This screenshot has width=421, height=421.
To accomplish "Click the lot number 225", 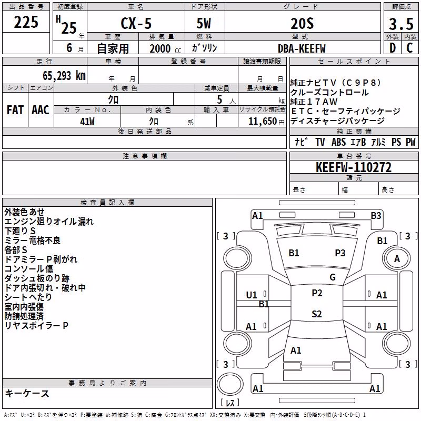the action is point(26,22).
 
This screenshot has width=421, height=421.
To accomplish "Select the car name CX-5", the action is point(136,23).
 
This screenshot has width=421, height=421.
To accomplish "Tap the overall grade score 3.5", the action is point(401,24).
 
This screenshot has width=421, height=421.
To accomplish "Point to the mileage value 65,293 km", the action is point(64,76).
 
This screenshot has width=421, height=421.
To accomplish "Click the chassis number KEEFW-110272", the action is point(354,167).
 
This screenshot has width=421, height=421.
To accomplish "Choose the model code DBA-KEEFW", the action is point(302,48).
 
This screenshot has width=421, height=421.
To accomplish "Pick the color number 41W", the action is point(87,122).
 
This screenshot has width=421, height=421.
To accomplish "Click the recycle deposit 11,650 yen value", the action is point(266,122).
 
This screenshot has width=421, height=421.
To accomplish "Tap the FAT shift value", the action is point(15,110).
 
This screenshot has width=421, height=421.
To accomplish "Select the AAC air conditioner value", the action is point(41,110).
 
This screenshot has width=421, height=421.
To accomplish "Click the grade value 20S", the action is point(302,24).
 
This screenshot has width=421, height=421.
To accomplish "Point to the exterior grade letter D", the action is point(393,48).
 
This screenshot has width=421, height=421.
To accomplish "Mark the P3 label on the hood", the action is point(340,253).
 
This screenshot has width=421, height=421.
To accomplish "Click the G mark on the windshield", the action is point(333,277).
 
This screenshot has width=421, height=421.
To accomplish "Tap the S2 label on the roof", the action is point(317,314).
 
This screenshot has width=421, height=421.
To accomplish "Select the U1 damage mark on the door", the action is point(252,295).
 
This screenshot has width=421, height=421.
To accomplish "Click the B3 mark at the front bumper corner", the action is point(376,216).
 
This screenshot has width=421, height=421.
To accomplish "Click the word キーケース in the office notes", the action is point(27,394).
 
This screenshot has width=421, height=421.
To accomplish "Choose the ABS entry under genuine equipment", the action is point(338,142).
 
